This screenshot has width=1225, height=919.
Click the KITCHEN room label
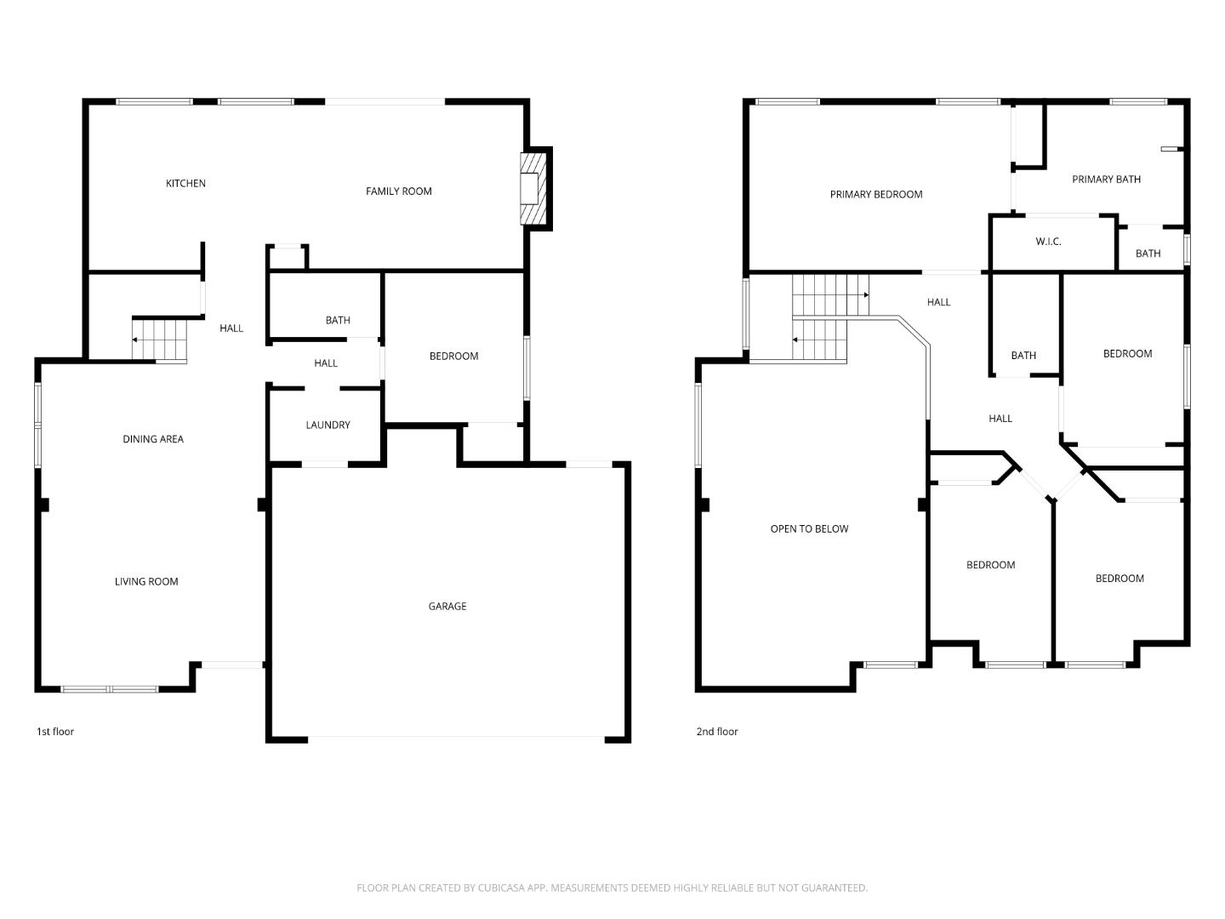(x=185, y=184)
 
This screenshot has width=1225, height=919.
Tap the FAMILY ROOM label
(x=398, y=191)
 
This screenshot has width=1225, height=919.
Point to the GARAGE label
(x=447, y=607)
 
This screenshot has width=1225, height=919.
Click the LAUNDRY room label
(x=328, y=425)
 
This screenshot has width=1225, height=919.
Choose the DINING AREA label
(x=153, y=439)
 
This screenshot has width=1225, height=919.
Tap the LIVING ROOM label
(x=146, y=582)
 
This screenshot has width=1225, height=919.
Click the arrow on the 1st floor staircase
(x=134, y=340)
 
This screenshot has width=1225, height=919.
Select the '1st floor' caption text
(x=55, y=732)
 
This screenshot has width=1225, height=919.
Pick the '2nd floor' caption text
(x=717, y=732)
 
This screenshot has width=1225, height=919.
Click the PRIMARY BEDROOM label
(x=875, y=195)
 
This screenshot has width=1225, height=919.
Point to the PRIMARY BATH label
(x=1106, y=180)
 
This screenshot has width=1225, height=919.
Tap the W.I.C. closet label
(x=1048, y=242)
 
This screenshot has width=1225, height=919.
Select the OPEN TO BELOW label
(x=809, y=529)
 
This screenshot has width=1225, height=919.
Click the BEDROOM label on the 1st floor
(x=453, y=357)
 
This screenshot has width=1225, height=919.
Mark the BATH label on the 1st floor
(x=338, y=321)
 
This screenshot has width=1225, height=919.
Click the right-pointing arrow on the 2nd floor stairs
(x=865, y=295)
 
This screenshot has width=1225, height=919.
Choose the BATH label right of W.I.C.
(x=1148, y=254)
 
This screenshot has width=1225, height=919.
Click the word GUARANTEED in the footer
(x=832, y=888)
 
